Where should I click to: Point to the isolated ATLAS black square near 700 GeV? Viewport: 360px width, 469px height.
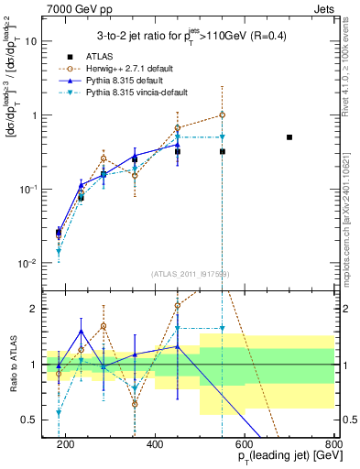pyautogui.click(x=289, y=137)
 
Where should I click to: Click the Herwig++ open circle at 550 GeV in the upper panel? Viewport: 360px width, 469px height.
pyautogui.click(x=223, y=115)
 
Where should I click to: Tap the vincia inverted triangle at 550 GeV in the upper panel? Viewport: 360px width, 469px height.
pyautogui.click(x=223, y=137)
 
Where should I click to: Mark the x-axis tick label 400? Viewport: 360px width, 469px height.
pyautogui.click(x=155, y=444)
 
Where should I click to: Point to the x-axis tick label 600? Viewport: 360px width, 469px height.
pyautogui.click(x=245, y=444)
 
